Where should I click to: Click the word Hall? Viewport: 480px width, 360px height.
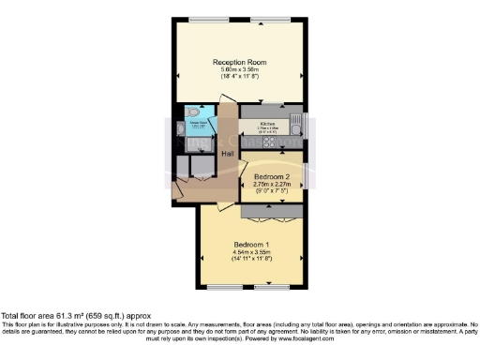[227, 153]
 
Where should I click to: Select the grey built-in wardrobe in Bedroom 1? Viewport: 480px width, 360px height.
[271, 213]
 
